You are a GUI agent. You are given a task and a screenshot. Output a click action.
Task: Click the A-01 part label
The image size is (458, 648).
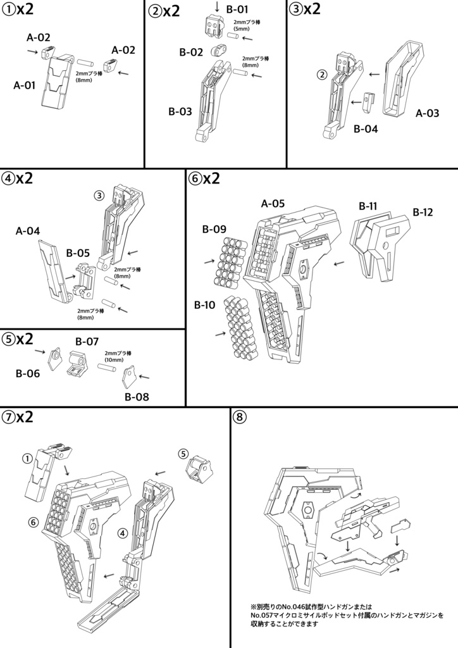[25, 85]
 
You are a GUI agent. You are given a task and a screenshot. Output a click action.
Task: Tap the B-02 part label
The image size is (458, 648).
[191, 53]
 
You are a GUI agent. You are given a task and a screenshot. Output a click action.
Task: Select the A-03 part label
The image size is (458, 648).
[427, 113]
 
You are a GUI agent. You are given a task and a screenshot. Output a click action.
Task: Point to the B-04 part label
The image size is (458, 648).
[366, 129]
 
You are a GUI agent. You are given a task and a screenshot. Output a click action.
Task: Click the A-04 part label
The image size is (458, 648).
[28, 231]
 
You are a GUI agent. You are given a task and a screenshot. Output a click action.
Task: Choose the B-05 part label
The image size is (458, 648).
[78, 252]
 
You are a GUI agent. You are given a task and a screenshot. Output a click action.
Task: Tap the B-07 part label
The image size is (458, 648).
[87, 341]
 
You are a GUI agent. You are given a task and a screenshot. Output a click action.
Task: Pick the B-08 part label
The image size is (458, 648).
[137, 397]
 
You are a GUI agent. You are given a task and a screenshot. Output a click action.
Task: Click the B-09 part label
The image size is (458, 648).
[214, 229]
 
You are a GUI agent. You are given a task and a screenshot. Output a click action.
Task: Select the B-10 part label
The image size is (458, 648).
[205, 305]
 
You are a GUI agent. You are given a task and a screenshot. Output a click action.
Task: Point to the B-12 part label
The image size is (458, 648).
[423, 212]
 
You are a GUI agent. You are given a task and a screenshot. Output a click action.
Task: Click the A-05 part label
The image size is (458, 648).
[273, 203]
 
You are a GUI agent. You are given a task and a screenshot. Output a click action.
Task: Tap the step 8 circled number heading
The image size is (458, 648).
[240, 417]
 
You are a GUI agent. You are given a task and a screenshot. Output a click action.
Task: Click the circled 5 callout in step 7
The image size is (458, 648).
[183, 454]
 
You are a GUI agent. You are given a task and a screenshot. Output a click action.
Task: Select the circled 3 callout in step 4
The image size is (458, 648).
[99, 196]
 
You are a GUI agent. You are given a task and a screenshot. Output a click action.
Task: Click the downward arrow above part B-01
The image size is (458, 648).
[217, 6]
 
